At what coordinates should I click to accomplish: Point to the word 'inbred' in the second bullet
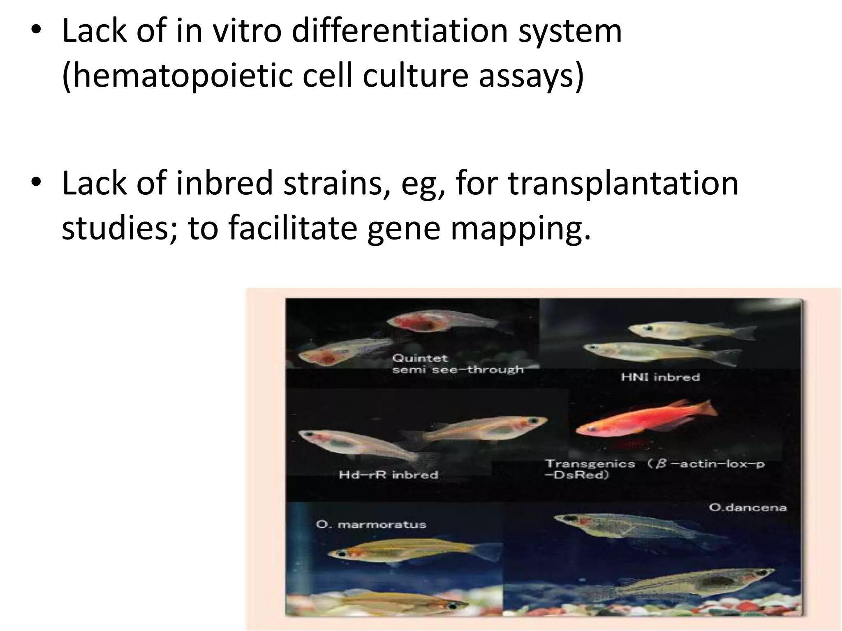[224, 183]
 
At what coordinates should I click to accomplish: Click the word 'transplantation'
[623, 183]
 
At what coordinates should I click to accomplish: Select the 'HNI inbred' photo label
[660, 377]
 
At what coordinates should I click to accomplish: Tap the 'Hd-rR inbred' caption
[388, 475]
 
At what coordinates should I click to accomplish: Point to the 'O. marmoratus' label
[371, 525]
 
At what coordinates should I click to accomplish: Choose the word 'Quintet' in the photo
[419, 358]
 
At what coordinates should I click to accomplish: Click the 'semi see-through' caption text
[458, 370]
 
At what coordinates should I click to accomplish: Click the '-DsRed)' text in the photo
[576, 475]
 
